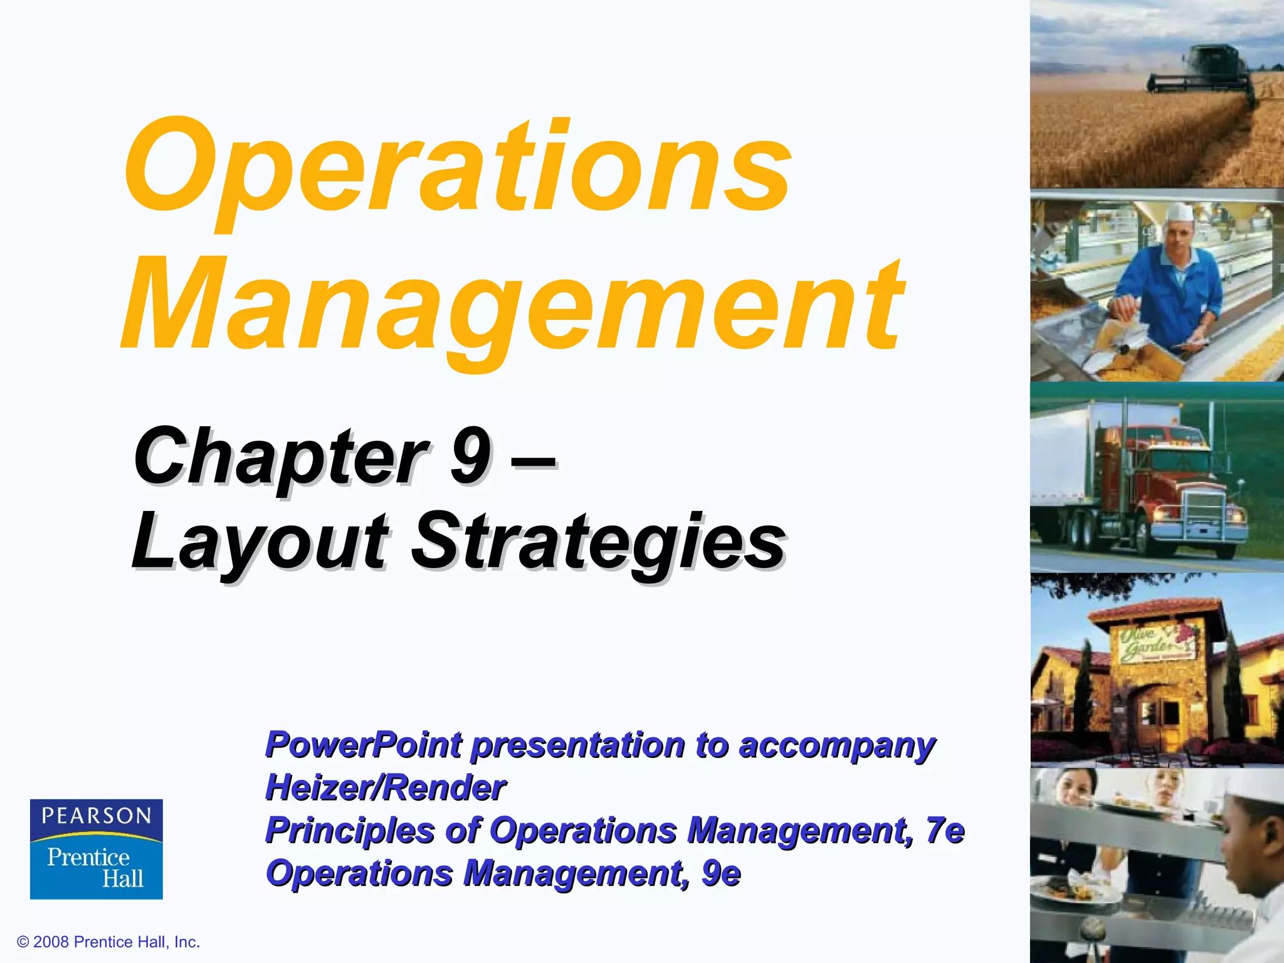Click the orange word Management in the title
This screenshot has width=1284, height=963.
pos(511,307)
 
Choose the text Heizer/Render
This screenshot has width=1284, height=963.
pos(385,787)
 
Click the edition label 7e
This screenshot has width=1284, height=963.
pos(945,830)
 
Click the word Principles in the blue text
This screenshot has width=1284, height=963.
pos(350,830)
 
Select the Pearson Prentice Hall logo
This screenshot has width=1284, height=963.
pos(97,849)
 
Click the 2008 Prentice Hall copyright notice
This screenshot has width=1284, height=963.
pos(108,942)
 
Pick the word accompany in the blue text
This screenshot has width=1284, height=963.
pos(837,746)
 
